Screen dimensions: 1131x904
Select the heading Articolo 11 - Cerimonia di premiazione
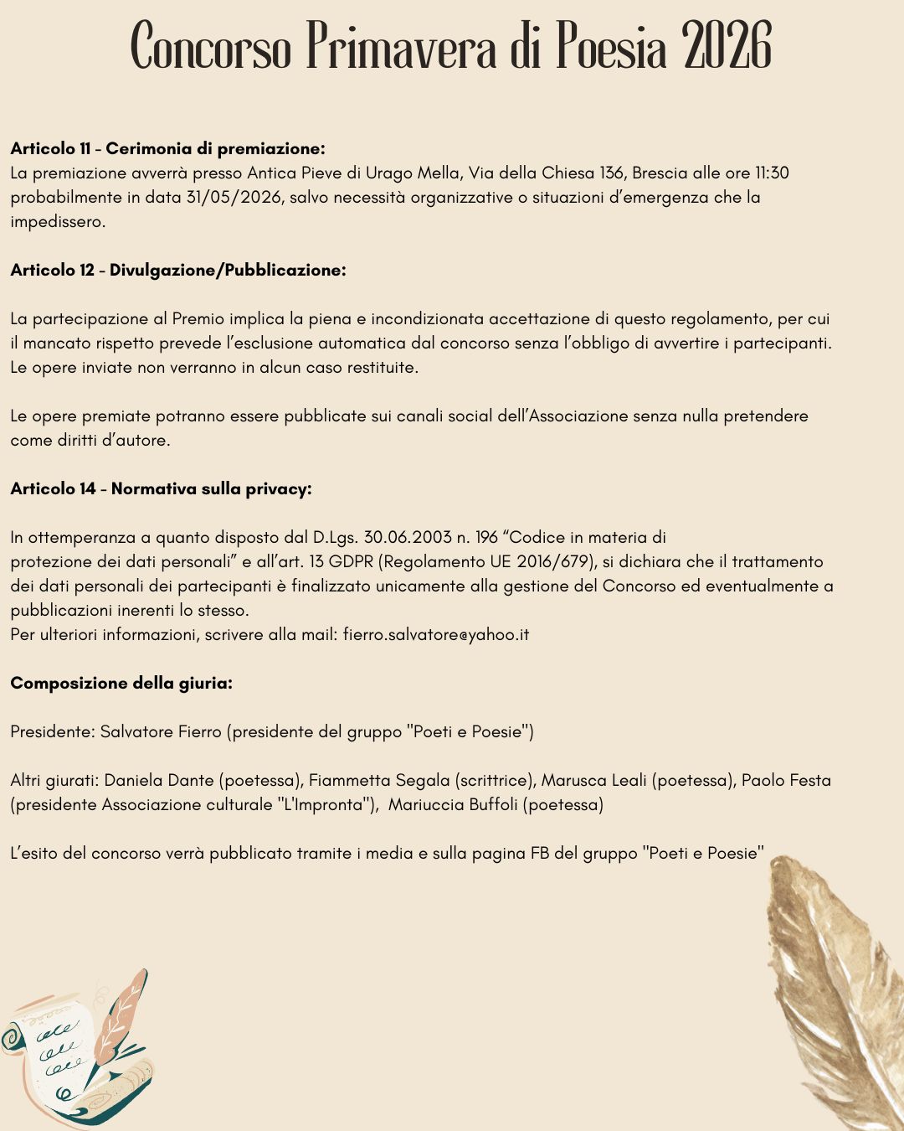[167, 149]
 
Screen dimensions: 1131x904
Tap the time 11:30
[772, 173]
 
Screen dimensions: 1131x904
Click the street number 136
[612, 173]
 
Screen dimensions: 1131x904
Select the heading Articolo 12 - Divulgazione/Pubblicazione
[178, 271]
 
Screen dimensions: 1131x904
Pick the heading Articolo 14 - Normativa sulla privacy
[161, 489]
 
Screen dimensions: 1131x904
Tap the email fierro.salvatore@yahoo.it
[436, 635]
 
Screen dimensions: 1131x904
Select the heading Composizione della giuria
[121, 684]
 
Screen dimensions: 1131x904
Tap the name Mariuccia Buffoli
[451, 805]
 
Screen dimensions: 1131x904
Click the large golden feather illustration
[837, 989]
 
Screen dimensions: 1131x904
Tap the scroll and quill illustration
[80, 1051]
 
